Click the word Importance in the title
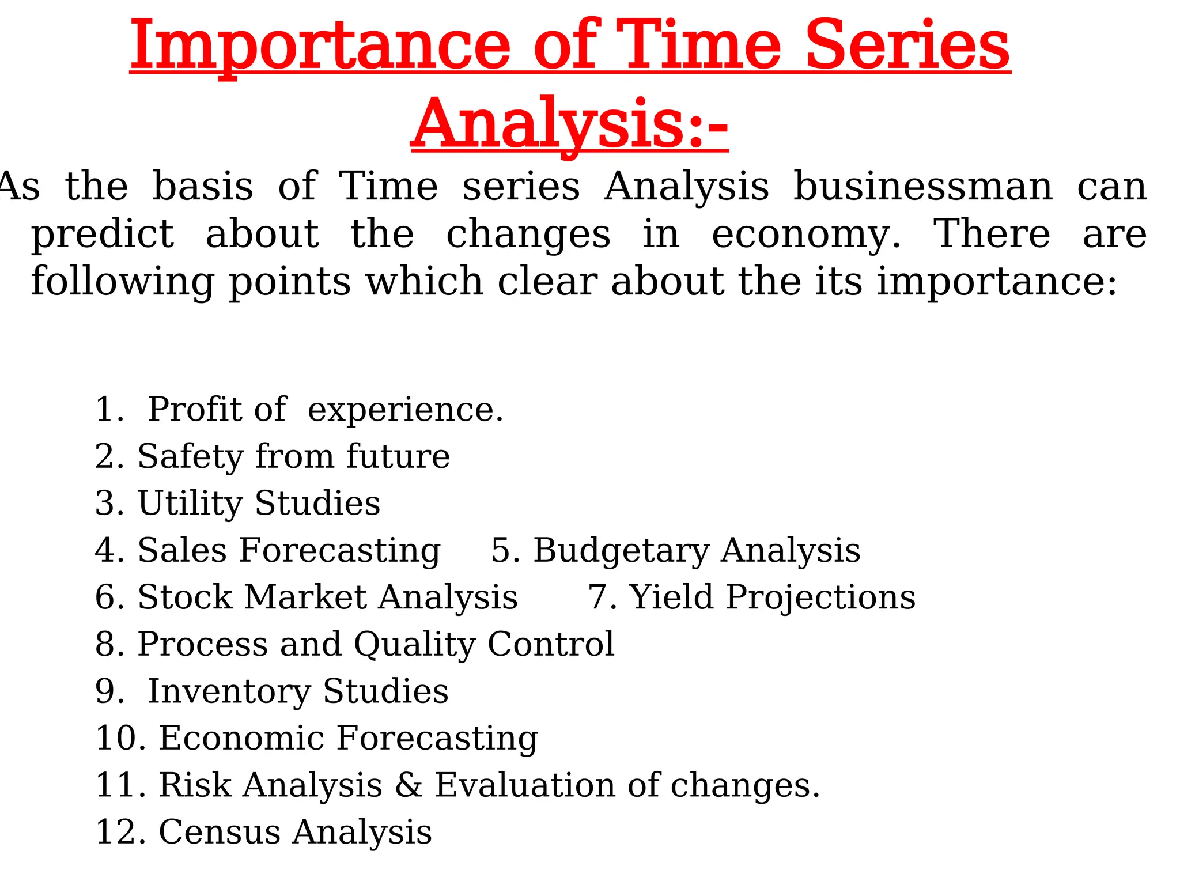pos(320,46)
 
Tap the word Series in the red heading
pos(907,46)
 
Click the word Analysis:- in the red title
pos(570,124)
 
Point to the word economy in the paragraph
pos(805,235)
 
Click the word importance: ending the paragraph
pos(997,282)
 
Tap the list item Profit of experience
pos(326,410)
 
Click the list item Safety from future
pos(293,457)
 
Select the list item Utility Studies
pos(259,504)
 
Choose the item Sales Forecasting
pos(289,551)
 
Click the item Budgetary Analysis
pos(697,551)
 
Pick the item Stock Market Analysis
pos(327,597)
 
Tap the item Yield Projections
pos(772,597)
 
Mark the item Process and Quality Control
pos(376,644)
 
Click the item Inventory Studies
pos(298,691)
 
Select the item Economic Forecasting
pos(348,739)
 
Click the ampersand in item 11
pos(409,785)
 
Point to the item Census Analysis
pos(295,833)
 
